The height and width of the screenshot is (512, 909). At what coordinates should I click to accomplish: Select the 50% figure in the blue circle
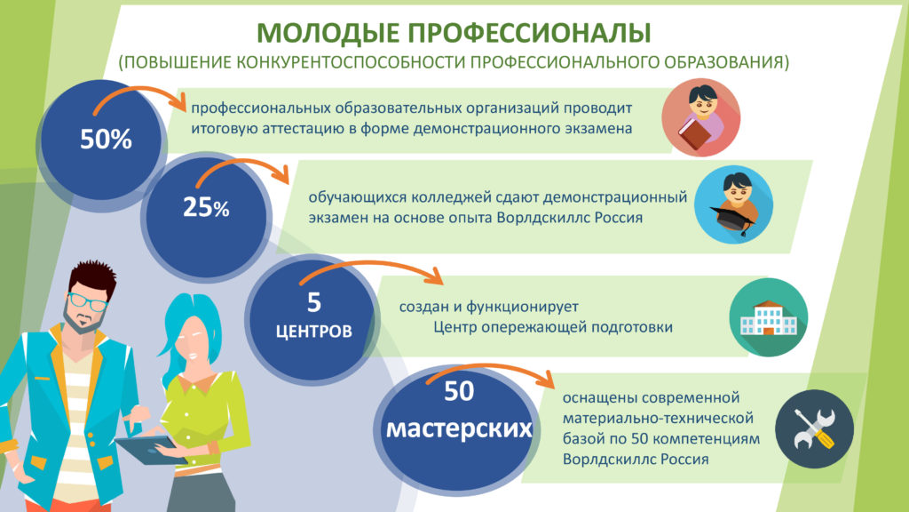point(107,140)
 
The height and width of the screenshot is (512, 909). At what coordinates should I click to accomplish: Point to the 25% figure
point(206,207)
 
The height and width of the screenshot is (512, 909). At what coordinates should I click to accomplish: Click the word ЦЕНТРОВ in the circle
point(313,332)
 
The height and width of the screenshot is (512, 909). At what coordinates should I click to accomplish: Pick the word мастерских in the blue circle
point(459,428)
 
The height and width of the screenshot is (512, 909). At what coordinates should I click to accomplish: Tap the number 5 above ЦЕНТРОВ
point(313,302)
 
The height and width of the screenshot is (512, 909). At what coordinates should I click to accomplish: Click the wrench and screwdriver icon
point(814,429)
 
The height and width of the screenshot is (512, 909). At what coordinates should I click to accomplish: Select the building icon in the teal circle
point(769,319)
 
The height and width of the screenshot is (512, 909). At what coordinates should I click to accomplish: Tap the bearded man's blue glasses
point(87,302)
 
